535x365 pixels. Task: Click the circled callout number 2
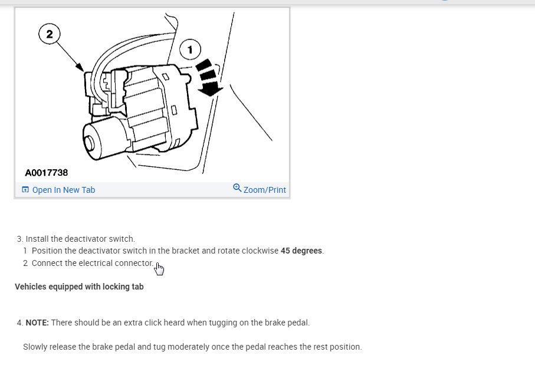click(x=50, y=34)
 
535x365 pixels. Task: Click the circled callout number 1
click(x=190, y=50)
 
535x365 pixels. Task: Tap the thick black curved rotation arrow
click(x=208, y=77)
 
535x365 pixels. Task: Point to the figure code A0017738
click(x=47, y=173)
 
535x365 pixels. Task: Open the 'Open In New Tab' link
click(x=64, y=190)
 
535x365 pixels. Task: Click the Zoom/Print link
click(x=264, y=190)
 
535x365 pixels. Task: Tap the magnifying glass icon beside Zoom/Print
click(x=237, y=188)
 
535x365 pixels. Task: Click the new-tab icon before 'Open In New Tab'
click(x=25, y=190)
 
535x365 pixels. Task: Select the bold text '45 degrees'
click(x=301, y=251)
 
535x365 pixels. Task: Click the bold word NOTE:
click(x=37, y=323)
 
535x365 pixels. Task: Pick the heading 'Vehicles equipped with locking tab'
click(x=79, y=287)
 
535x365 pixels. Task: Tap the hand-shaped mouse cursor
click(x=159, y=269)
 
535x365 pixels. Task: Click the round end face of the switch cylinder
click(x=89, y=143)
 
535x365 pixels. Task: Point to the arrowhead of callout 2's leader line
click(x=81, y=68)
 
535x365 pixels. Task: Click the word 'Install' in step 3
click(x=37, y=239)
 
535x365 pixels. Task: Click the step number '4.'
click(x=20, y=323)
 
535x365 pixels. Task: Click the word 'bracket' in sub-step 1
click(x=186, y=251)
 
